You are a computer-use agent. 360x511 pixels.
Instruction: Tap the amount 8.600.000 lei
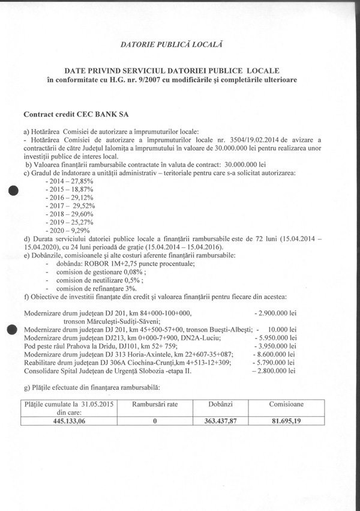click(275, 355)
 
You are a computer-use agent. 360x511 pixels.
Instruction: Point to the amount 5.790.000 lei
click(275, 363)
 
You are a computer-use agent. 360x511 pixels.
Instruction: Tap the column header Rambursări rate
click(155, 405)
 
